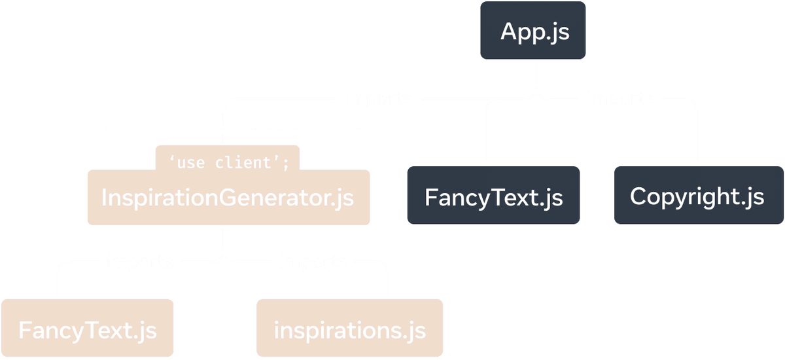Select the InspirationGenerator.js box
[228, 198]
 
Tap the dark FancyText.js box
[493, 196]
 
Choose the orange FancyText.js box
[87, 329]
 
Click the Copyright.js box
[697, 196]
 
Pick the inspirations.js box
[349, 329]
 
